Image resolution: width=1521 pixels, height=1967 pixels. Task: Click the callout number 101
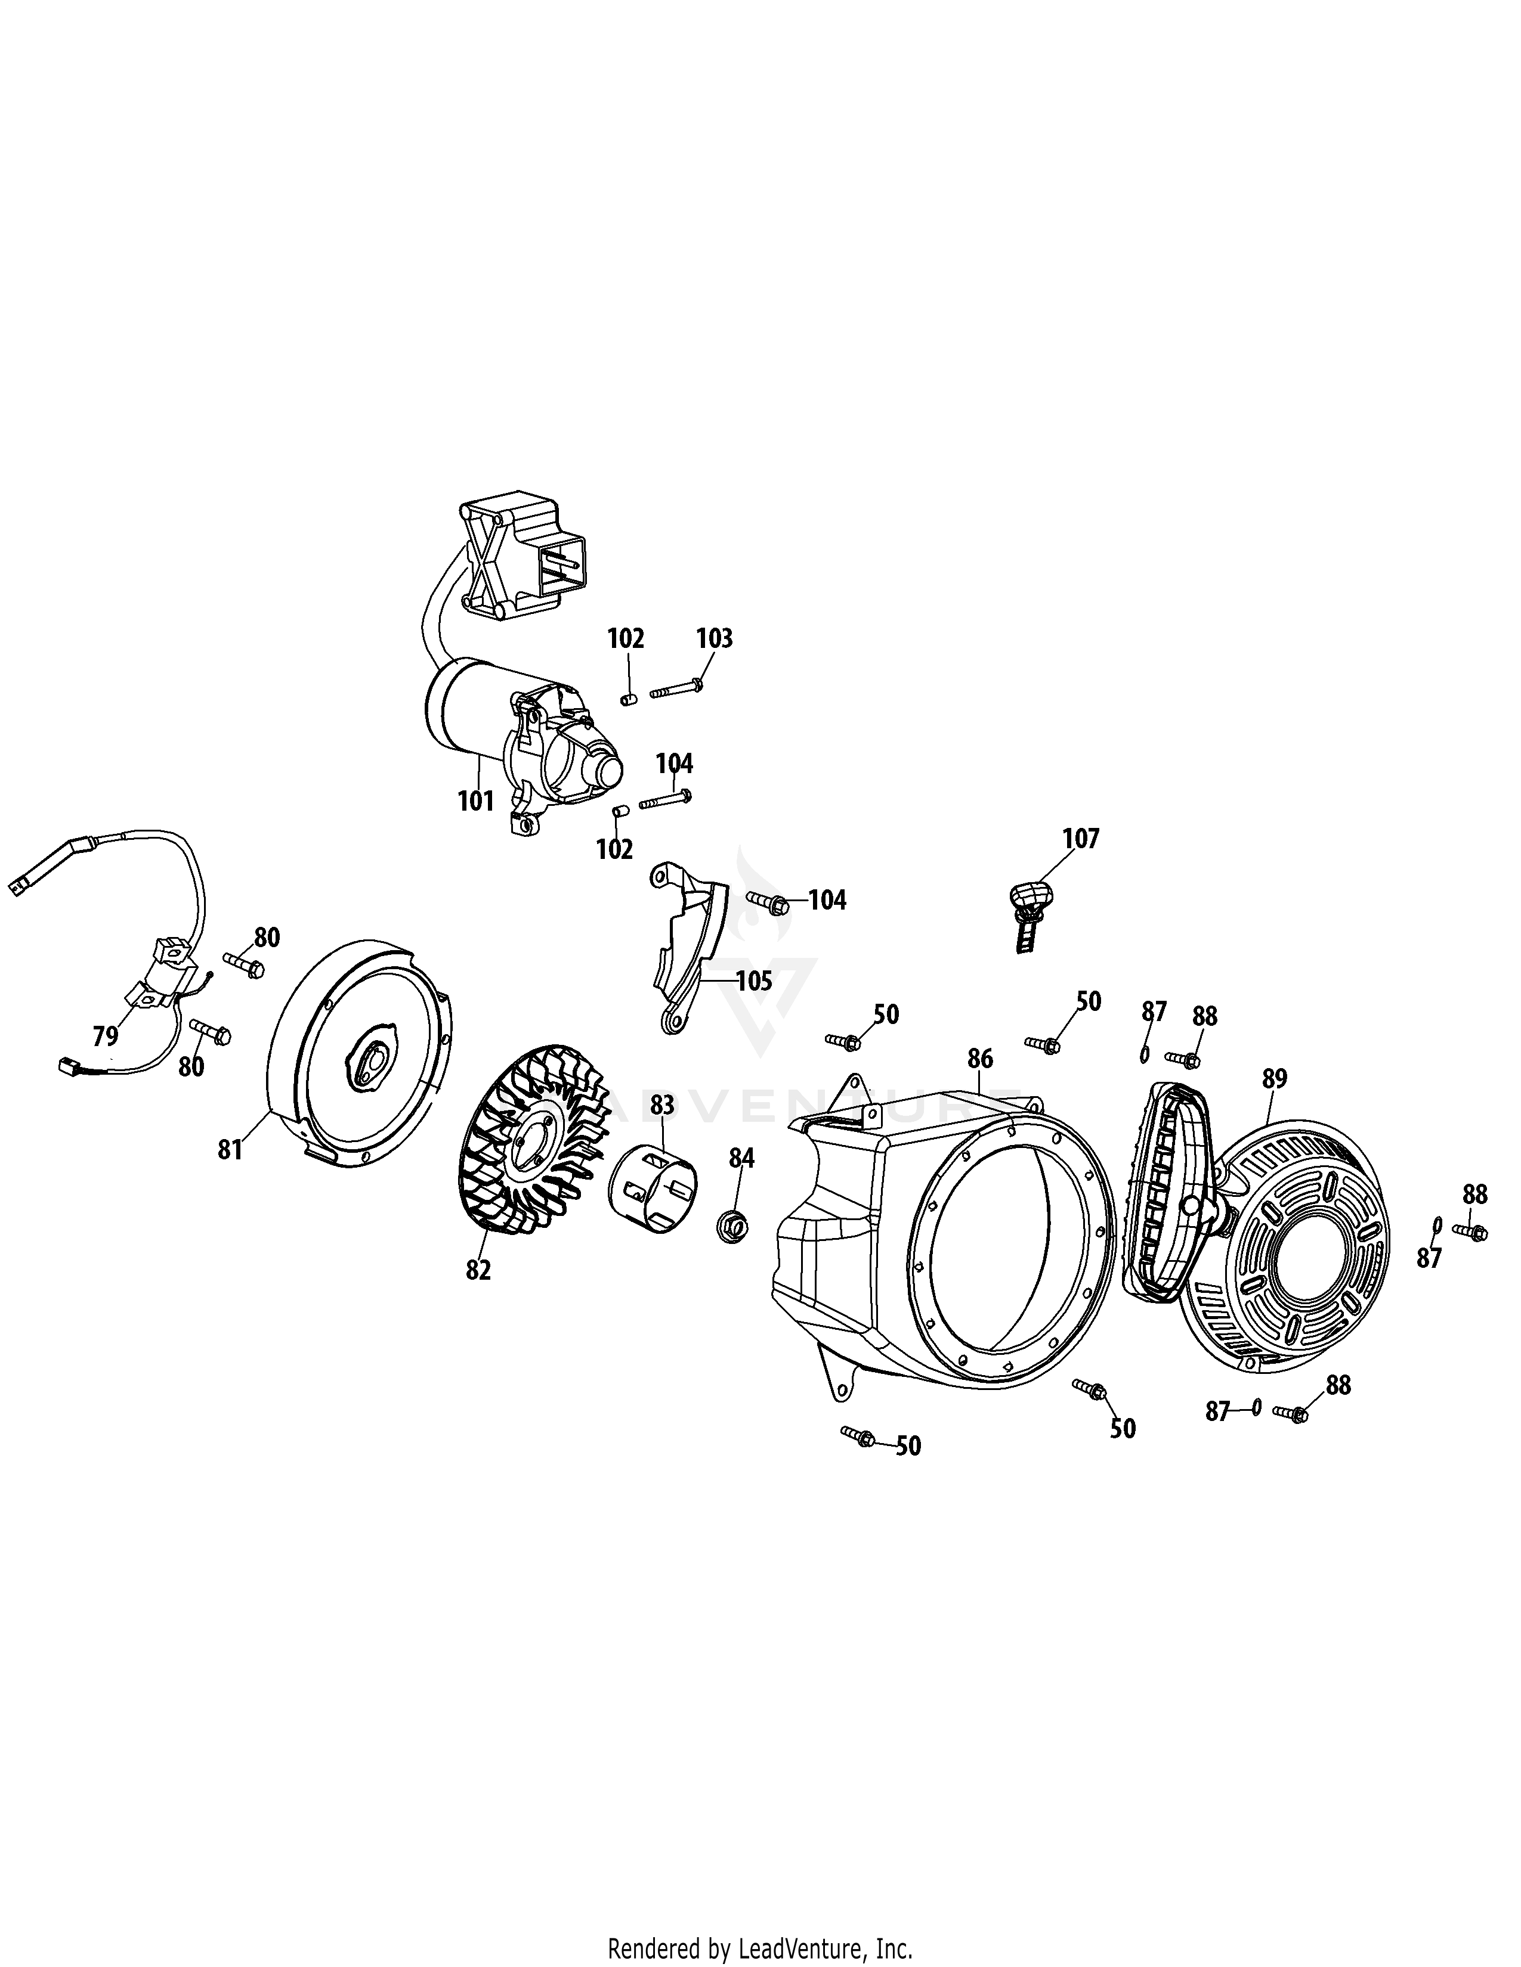coord(476,800)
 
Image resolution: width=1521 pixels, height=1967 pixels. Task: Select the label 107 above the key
coord(1080,839)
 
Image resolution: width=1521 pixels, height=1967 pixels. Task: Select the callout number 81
coord(231,1149)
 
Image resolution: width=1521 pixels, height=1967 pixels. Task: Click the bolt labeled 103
coord(676,691)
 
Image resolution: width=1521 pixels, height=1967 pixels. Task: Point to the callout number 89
coord(1274,1078)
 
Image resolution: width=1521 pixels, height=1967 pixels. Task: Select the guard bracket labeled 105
coord(690,946)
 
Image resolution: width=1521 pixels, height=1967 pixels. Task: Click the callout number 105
coord(753,981)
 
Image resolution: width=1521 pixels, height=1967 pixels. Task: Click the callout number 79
coord(106,1036)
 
